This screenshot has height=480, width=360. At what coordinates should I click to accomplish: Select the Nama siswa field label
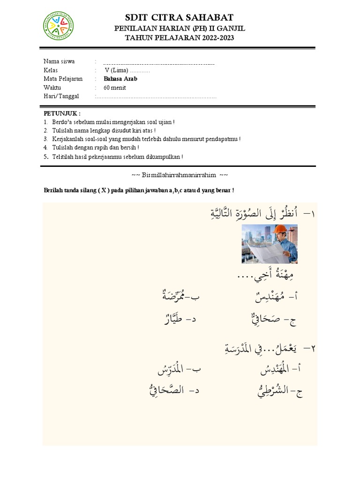point(59,61)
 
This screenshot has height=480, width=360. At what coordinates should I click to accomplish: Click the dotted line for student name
point(159,63)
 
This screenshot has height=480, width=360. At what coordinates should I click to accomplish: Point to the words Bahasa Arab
point(120,79)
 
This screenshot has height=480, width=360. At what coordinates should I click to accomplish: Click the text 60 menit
point(115,88)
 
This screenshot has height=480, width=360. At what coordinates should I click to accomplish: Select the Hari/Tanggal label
point(61,96)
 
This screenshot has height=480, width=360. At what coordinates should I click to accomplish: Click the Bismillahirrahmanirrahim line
point(180,175)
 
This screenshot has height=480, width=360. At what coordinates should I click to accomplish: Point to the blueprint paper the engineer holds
point(265,249)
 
